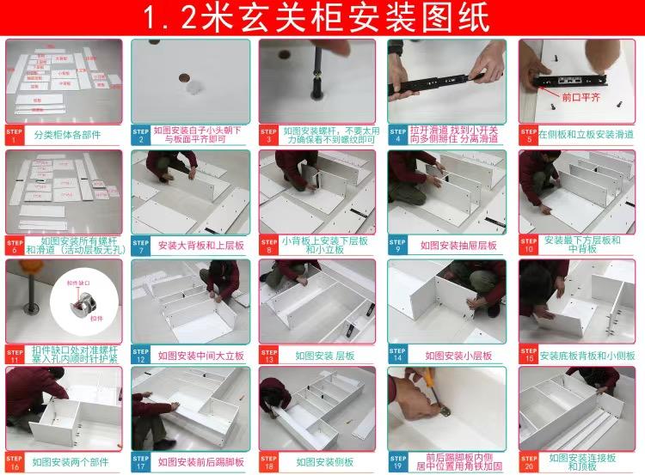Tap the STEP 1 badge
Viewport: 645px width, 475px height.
coord(15,135)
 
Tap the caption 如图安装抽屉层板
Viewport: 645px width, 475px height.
coord(458,245)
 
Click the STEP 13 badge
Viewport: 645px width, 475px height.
coord(270,354)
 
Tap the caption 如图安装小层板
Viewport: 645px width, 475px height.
coord(458,355)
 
